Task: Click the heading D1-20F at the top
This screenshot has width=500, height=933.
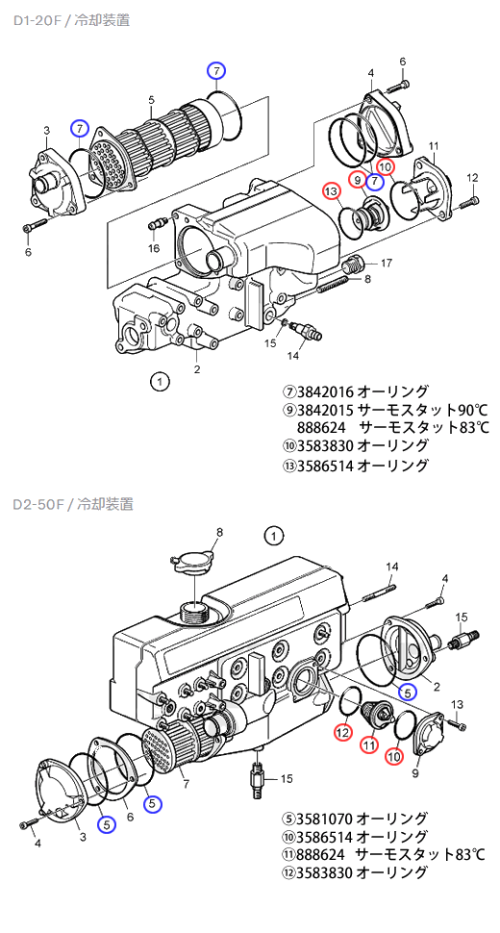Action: (38, 19)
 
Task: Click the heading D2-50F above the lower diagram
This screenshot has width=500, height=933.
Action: (39, 504)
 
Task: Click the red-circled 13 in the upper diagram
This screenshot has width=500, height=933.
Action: (331, 191)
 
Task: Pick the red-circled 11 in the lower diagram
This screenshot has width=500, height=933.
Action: (369, 744)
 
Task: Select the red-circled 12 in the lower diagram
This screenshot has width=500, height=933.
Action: (343, 732)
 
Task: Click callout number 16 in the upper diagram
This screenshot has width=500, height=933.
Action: (154, 248)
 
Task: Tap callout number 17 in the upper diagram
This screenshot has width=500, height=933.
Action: (386, 263)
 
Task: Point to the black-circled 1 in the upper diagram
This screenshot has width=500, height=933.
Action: (160, 382)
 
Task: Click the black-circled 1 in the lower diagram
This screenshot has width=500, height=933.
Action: (273, 536)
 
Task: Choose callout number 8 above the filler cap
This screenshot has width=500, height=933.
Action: (219, 532)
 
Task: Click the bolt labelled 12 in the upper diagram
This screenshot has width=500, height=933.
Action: (467, 202)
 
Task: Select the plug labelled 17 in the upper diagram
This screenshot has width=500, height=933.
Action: (352, 263)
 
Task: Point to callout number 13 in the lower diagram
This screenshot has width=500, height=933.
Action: (458, 704)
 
